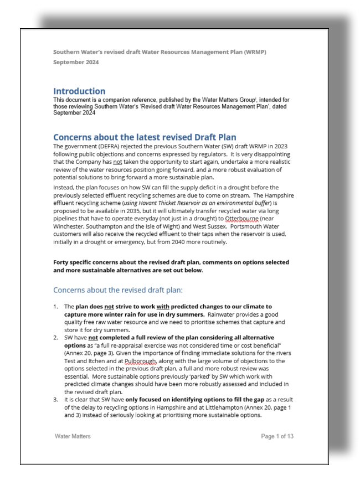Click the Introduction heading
click(x=79, y=91)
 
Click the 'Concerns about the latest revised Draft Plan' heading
click(x=145, y=137)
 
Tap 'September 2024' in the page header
click(x=76, y=63)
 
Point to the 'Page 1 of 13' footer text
click(x=277, y=436)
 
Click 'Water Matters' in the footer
click(x=74, y=436)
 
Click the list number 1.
click(x=55, y=306)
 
